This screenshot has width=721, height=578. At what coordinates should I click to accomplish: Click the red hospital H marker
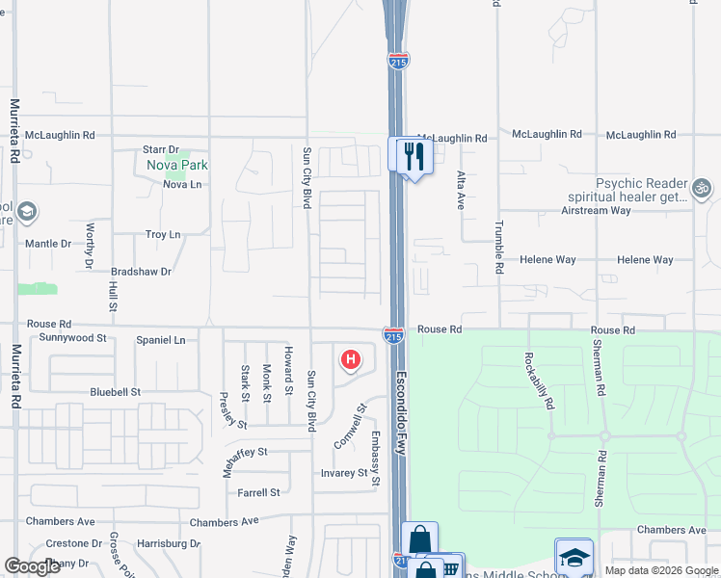pyautogui.click(x=351, y=360)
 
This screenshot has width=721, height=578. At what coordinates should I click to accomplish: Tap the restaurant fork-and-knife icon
pyautogui.click(x=414, y=156)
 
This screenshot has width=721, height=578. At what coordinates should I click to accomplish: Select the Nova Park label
pyautogui.click(x=177, y=165)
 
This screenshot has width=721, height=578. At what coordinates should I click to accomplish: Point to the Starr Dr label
pyautogui.click(x=161, y=149)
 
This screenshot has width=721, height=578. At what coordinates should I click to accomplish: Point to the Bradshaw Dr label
pyautogui.click(x=141, y=272)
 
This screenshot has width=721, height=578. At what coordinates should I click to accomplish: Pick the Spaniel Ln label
pyautogui.click(x=160, y=340)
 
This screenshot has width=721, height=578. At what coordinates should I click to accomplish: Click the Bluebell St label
pyautogui.click(x=116, y=392)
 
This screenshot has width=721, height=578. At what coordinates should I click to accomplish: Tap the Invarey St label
pyautogui.click(x=345, y=473)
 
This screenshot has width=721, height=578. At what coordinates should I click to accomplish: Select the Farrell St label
pyautogui.click(x=258, y=492)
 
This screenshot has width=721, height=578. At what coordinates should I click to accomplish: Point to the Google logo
pyautogui.click(x=32, y=566)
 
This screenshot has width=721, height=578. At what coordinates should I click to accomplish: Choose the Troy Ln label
pyautogui.click(x=162, y=234)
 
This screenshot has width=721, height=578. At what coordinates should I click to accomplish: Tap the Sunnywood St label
pyautogui.click(x=72, y=338)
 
